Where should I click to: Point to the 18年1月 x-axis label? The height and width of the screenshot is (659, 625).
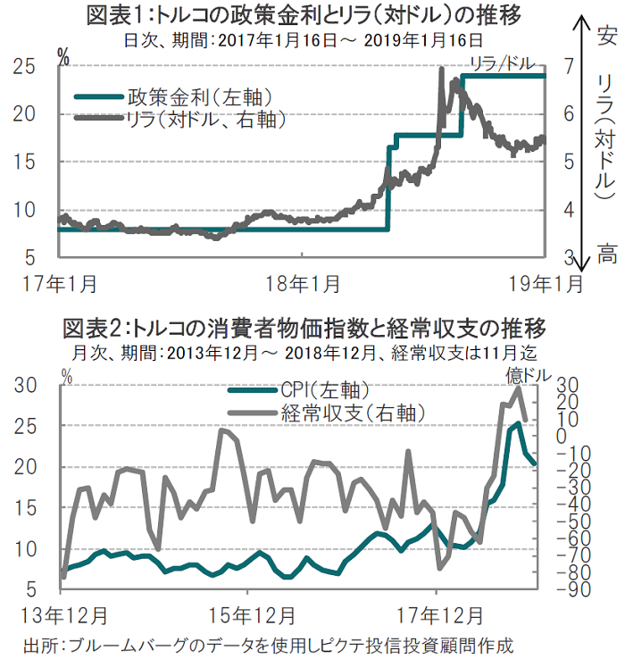pyautogui.click(x=303, y=283)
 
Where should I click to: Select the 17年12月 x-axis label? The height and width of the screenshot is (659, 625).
pyautogui.click(x=437, y=616)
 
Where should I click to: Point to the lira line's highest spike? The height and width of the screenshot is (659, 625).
pyautogui.click(x=442, y=69)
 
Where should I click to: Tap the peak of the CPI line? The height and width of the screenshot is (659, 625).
pyautogui.click(x=519, y=423)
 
